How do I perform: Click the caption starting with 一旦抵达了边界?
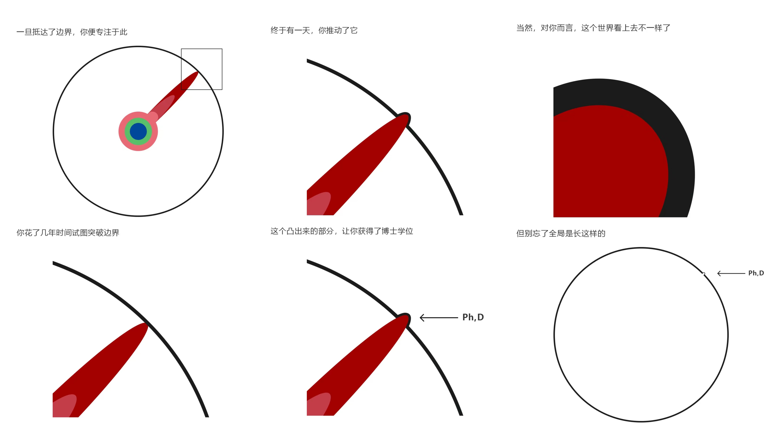72,32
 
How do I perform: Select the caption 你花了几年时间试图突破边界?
68,233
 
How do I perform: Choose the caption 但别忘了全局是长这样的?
561,233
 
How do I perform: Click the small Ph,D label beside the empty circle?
756,273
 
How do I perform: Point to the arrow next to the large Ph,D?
439,318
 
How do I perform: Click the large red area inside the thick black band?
604,164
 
